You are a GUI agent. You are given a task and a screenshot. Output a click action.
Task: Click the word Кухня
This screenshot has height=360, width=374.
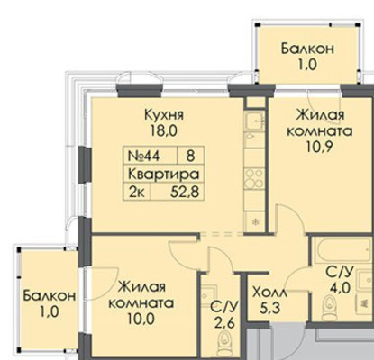pos(164,116)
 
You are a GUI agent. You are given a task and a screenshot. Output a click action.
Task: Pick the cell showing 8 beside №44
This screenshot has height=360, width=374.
pos(190,155)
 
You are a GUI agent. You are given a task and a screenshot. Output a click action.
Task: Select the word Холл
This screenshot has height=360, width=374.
pos(269,292)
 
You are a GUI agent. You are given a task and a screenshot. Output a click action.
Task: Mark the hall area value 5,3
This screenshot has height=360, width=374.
pos(269,309)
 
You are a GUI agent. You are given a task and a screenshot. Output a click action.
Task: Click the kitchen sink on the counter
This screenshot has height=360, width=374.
pos(254,122)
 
